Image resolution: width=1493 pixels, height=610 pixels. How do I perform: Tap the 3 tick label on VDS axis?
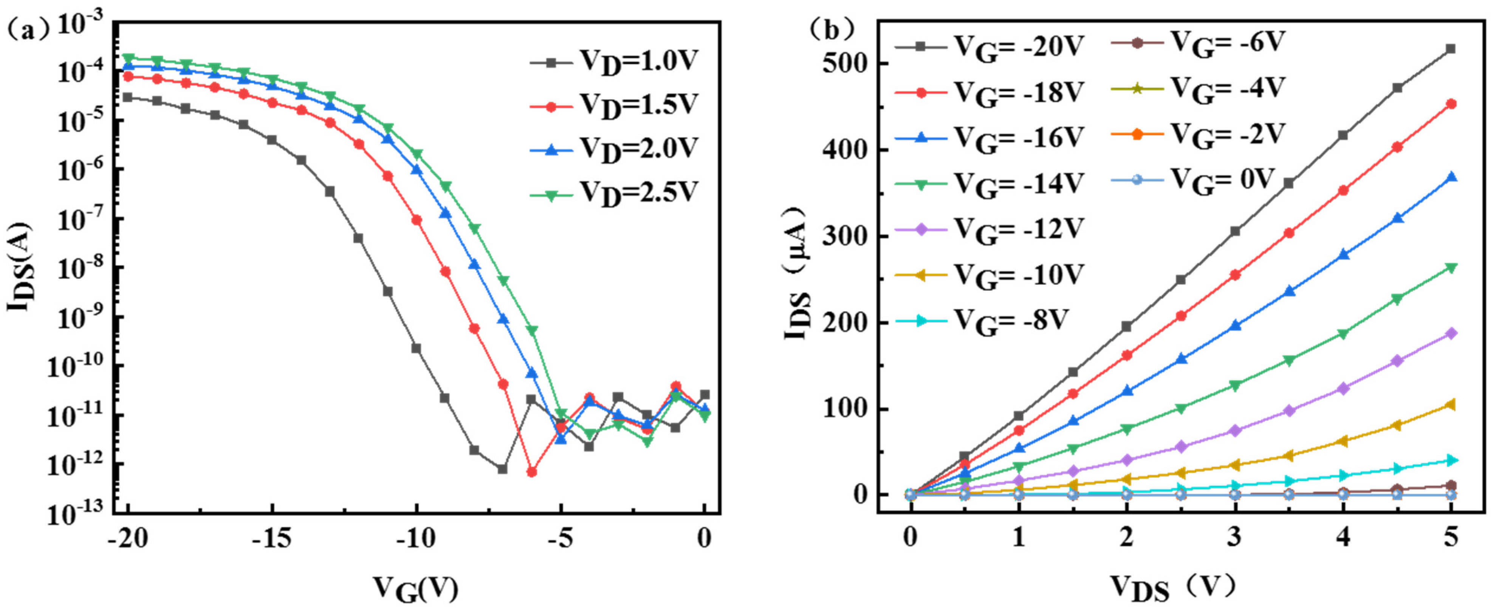coord(1234,537)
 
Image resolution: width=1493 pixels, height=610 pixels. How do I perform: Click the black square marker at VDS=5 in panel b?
coord(1451,49)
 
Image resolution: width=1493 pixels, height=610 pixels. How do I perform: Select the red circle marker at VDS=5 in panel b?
coord(1451,104)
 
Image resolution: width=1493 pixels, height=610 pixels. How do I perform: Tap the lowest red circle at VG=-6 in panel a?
coord(531,472)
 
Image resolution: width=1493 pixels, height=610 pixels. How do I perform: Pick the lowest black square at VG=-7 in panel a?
coord(502,469)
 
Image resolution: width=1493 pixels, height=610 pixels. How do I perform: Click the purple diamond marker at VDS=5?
coord(1451,333)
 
